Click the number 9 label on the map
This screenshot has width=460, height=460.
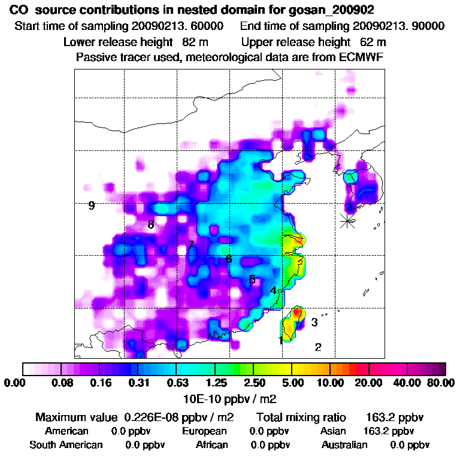[x=92, y=206]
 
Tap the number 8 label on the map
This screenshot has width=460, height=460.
[x=151, y=225]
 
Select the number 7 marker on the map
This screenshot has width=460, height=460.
[x=190, y=245]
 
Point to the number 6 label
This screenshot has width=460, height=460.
[x=229, y=259]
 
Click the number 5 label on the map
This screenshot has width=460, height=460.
[x=252, y=280]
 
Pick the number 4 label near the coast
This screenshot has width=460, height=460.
[x=273, y=290]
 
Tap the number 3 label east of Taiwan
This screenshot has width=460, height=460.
[x=314, y=322]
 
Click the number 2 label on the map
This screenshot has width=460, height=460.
[x=318, y=347]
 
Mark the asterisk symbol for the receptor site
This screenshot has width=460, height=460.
[x=347, y=220]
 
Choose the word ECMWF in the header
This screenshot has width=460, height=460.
[x=363, y=57]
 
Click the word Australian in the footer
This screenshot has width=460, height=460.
[x=344, y=445]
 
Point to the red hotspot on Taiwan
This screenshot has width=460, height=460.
[x=296, y=311]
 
